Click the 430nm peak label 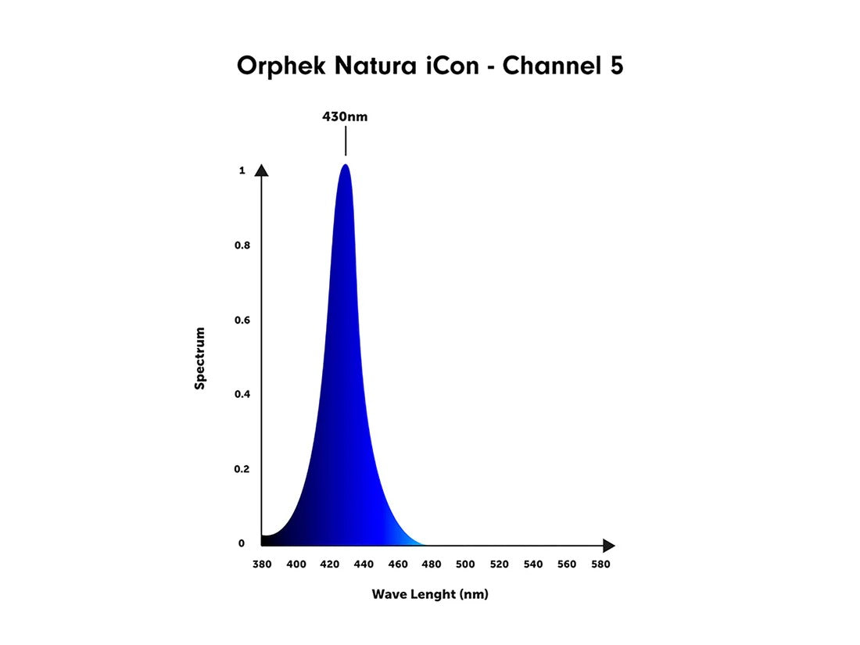[x=345, y=117]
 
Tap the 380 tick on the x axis [x=262, y=564]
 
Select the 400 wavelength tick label [x=296, y=564]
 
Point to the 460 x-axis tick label [x=397, y=564]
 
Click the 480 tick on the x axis [x=432, y=564]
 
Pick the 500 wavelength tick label [x=465, y=564]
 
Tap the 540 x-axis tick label [x=533, y=564]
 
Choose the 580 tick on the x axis [x=601, y=564]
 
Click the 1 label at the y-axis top [x=242, y=170]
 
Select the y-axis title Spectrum [x=200, y=358]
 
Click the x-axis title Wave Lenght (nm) [x=430, y=594]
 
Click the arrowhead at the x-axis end [x=608, y=546]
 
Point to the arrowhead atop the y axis [x=262, y=170]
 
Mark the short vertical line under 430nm [x=345, y=143]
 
